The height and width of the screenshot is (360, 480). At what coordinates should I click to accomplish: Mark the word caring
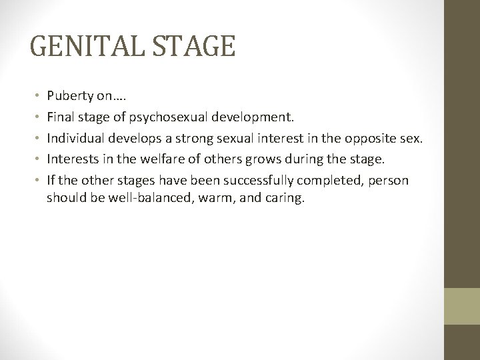point(283,198)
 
